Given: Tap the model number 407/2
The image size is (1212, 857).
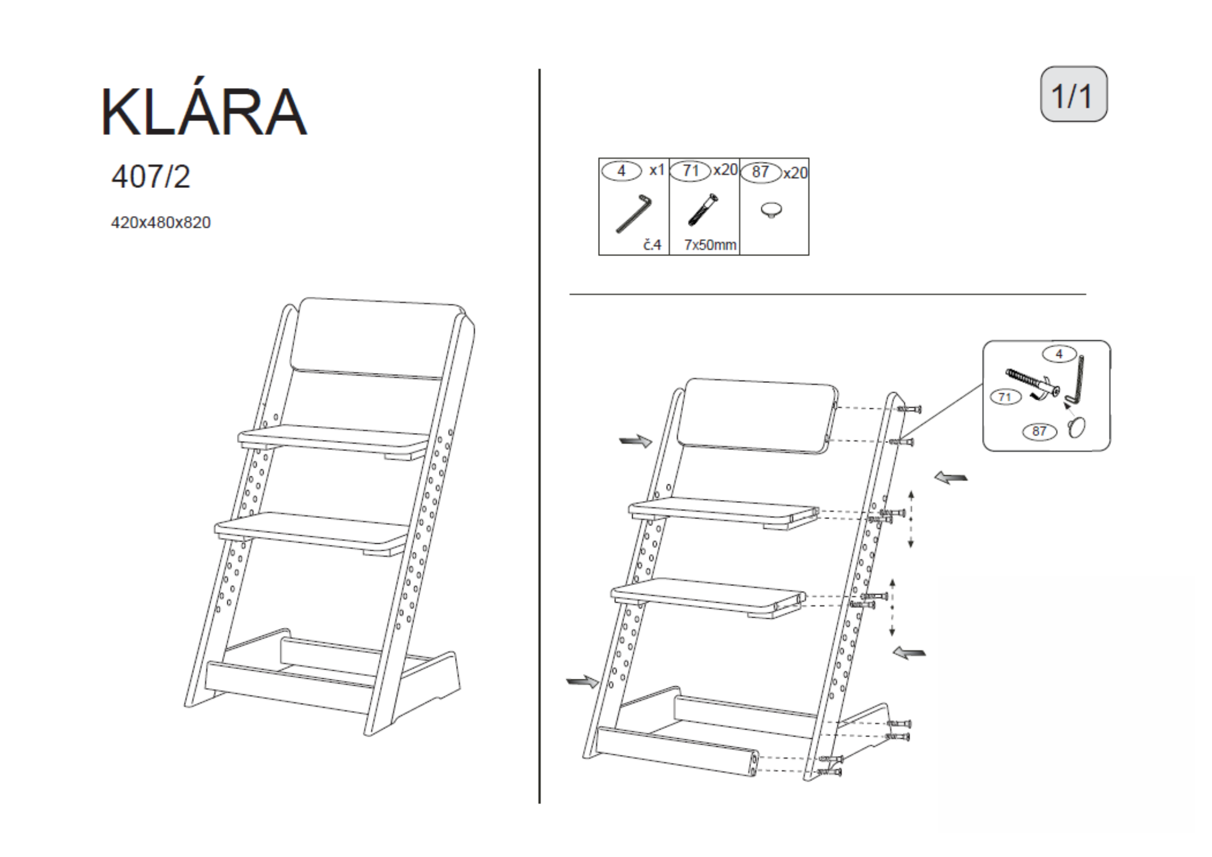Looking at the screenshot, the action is (151, 177).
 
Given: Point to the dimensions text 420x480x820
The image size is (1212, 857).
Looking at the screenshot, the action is (161, 222).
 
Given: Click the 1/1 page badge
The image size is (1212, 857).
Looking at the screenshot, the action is (1073, 95).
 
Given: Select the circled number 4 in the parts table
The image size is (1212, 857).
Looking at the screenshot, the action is (621, 171).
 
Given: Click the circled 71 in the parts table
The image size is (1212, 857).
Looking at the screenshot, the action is (690, 171).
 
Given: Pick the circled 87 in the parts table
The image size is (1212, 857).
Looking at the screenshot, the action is (760, 172).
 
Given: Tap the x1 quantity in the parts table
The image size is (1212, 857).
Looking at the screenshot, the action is (656, 170).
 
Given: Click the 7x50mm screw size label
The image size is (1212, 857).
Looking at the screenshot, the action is (710, 245).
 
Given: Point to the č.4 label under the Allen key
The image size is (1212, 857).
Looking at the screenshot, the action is (652, 245).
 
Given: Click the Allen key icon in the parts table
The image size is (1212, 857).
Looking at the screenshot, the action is (634, 213).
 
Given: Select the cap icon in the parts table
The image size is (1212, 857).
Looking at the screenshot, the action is (772, 210).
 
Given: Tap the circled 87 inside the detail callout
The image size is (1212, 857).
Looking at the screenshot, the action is (1039, 431).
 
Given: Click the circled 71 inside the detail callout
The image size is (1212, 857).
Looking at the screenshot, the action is (1005, 397).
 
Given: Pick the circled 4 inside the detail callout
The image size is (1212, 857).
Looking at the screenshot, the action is (1059, 354).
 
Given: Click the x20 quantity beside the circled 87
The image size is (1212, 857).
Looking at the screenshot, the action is (795, 173).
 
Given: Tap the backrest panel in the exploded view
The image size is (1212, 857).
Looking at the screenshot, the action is (759, 415).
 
